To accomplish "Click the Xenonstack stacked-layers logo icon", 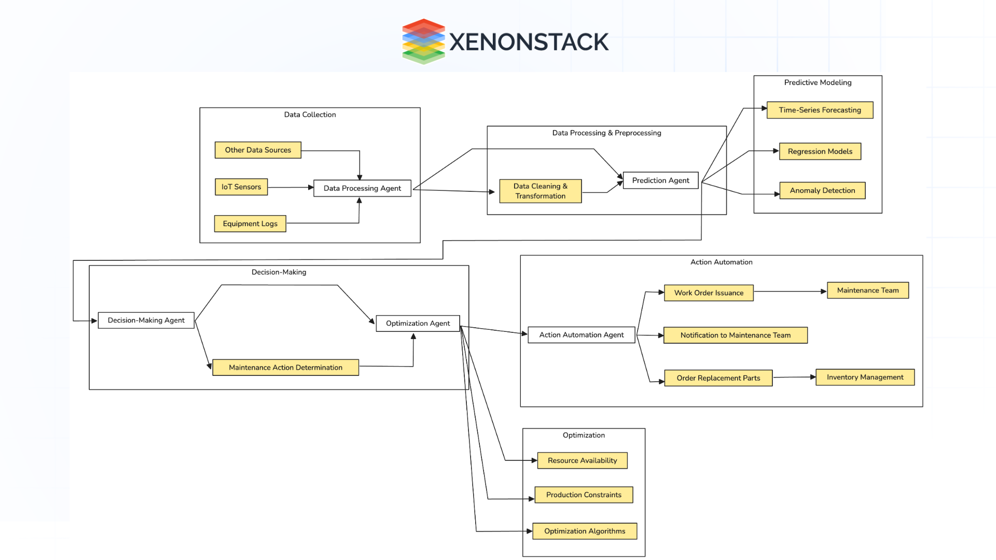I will pos(423,41).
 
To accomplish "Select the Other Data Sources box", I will pos(258,150).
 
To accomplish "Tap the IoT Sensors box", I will pos(241,187).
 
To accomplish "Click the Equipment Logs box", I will pos(250,224).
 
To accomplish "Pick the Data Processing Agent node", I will pos(362,188).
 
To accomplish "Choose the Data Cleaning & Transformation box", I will pos(540,191).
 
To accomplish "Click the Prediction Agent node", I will pos(660,180).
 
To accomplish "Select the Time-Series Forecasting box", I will pos(820,110).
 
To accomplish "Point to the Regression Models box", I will pos(820,151).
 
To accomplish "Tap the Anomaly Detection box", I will pos(822,191).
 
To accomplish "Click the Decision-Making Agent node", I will pos(146,320).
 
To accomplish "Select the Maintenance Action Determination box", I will pos(285,368).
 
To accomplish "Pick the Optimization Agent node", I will pos(418,324).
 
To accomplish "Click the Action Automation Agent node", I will pos(581,335).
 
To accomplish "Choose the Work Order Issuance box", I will pos(709,293).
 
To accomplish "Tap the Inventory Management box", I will pos(865,377).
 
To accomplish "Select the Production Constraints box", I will pos(584,495).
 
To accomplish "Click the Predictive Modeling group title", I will pos(818,82).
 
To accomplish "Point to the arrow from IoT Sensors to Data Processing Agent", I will pos(290,187).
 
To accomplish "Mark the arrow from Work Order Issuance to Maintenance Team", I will pos(790,292).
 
